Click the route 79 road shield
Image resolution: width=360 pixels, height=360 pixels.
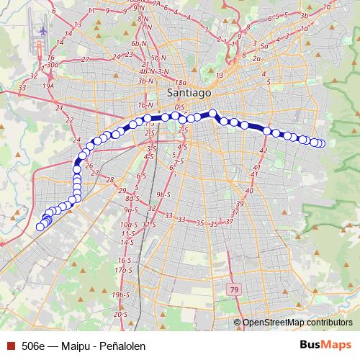pos(234,289)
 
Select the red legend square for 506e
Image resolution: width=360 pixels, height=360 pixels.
pos(10,346)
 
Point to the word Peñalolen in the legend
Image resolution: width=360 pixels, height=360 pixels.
pos(122,346)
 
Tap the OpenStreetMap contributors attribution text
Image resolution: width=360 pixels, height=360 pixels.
pos(297,323)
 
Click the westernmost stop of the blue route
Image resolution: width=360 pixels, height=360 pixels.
pos(40,227)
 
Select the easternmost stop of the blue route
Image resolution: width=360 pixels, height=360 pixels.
pos(322,144)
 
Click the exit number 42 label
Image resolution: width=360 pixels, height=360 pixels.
pos(263,150)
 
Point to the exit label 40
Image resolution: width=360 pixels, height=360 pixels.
pos(249,191)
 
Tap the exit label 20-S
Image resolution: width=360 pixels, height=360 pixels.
pos(121,315)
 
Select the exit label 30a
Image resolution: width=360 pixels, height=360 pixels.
pos(51,65)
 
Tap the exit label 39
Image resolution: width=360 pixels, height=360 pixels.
pos(240,204)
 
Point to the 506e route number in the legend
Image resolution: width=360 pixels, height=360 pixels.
pos(33,346)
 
